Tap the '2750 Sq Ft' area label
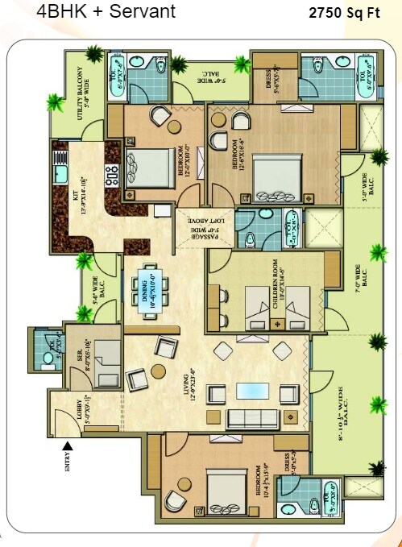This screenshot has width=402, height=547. coord(344,15)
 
